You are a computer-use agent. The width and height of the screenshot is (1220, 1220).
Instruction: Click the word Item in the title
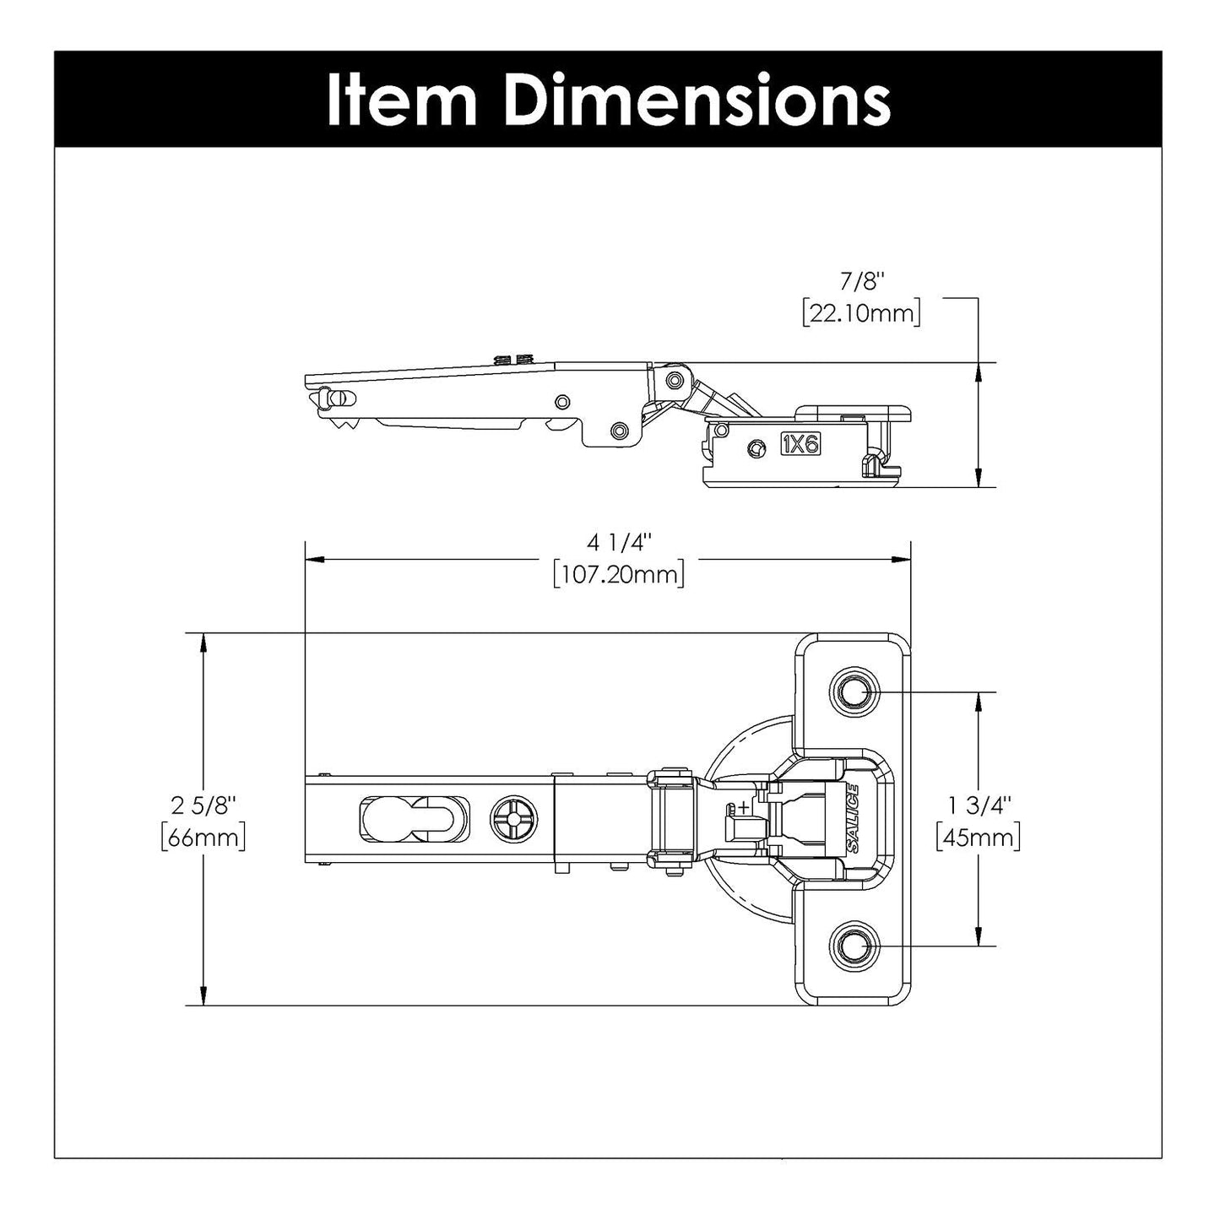click(x=402, y=100)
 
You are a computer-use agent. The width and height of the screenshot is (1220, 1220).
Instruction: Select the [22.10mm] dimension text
click(x=861, y=313)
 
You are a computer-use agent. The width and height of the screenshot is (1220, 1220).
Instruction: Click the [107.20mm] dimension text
click(x=618, y=575)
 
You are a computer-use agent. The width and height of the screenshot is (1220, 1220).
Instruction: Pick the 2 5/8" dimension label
click(x=203, y=805)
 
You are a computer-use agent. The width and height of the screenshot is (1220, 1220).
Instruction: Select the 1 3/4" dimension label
click(x=978, y=805)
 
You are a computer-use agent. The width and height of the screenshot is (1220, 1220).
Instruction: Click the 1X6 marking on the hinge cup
click(x=800, y=444)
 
